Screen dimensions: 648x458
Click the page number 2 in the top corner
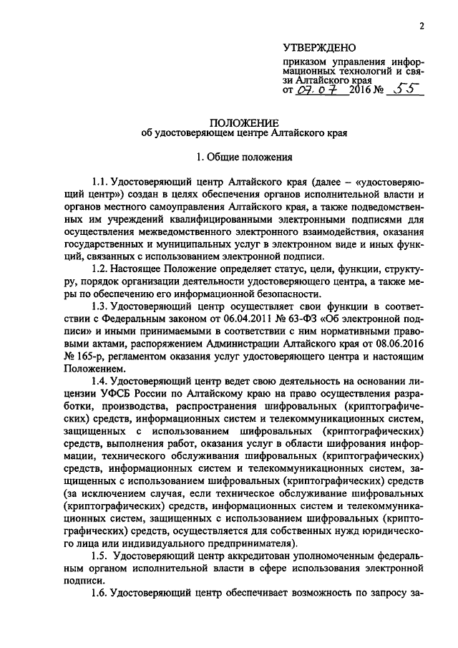pos(423,26)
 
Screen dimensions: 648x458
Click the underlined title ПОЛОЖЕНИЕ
pos(245,122)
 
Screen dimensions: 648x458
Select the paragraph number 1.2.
pos(99,269)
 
